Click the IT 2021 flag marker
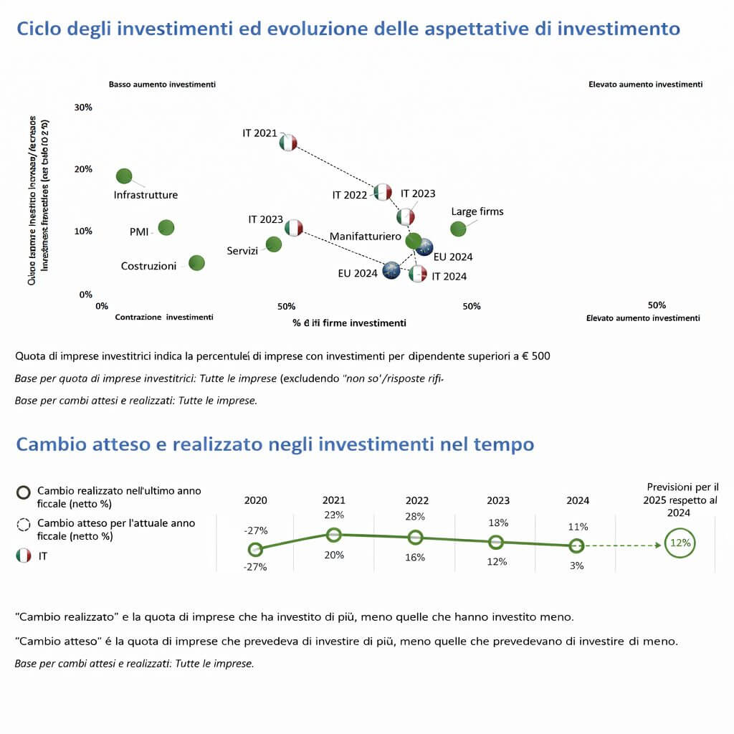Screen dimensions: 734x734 (287, 142)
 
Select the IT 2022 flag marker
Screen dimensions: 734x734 (383, 192)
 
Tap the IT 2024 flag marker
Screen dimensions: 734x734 (418, 273)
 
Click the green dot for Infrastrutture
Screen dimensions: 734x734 (124, 176)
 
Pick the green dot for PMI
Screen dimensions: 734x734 (166, 227)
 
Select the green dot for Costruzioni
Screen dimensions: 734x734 (196, 263)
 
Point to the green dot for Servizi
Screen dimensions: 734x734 (273, 244)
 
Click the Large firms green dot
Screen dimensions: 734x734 (458, 229)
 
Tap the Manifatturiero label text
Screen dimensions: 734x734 (365, 236)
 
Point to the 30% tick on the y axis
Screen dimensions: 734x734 (84, 108)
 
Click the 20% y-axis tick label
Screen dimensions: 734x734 (84, 169)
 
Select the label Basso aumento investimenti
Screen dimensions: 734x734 (162, 85)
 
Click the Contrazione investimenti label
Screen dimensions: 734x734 (164, 317)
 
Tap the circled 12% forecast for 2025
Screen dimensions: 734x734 (680, 543)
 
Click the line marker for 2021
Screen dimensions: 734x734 (333, 534)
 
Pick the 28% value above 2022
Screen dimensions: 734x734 (415, 517)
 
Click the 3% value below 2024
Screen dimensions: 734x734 (577, 566)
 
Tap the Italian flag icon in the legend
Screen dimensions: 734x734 (24, 556)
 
